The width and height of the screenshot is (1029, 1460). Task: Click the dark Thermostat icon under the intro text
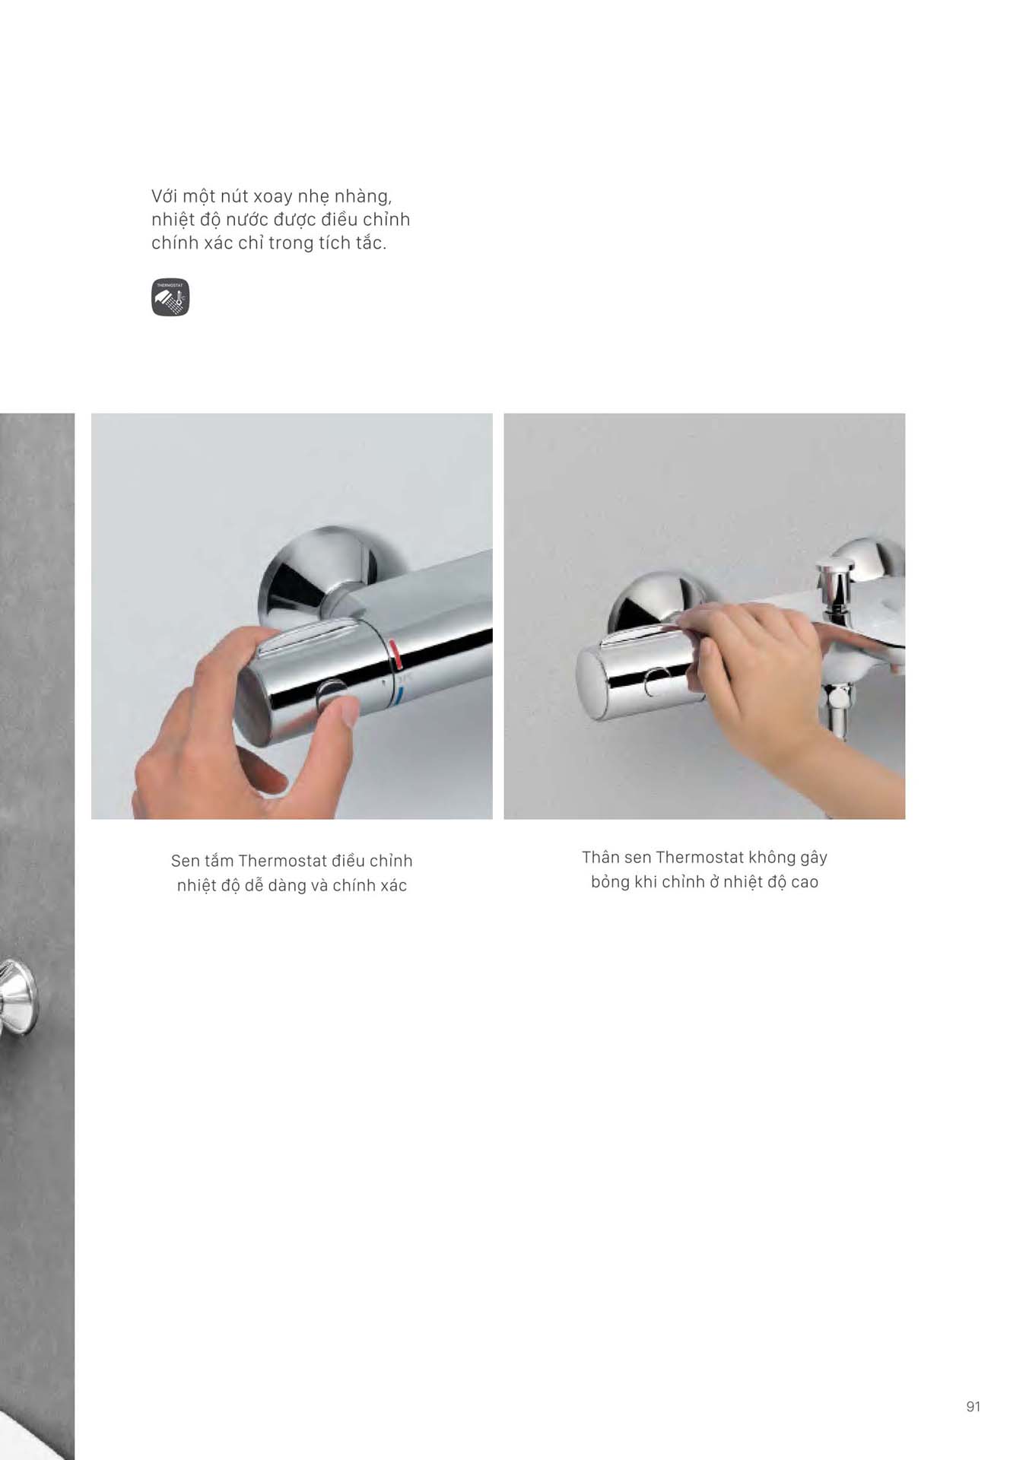[x=170, y=297]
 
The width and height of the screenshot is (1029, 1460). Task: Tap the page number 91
[x=973, y=1407]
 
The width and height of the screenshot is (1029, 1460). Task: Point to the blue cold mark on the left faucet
[x=400, y=693]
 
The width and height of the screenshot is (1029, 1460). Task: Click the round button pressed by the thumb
[x=332, y=693]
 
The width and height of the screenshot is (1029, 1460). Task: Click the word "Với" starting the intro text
[x=164, y=196]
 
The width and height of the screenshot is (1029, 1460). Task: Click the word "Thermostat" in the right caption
[x=700, y=857]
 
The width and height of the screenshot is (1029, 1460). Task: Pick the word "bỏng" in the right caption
[x=610, y=883]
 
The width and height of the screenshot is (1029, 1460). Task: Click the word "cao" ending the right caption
[x=804, y=882]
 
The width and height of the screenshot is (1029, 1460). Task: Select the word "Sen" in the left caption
[x=185, y=861]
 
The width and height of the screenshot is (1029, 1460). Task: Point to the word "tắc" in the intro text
[x=368, y=243]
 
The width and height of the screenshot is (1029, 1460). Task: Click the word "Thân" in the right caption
[x=601, y=857]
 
